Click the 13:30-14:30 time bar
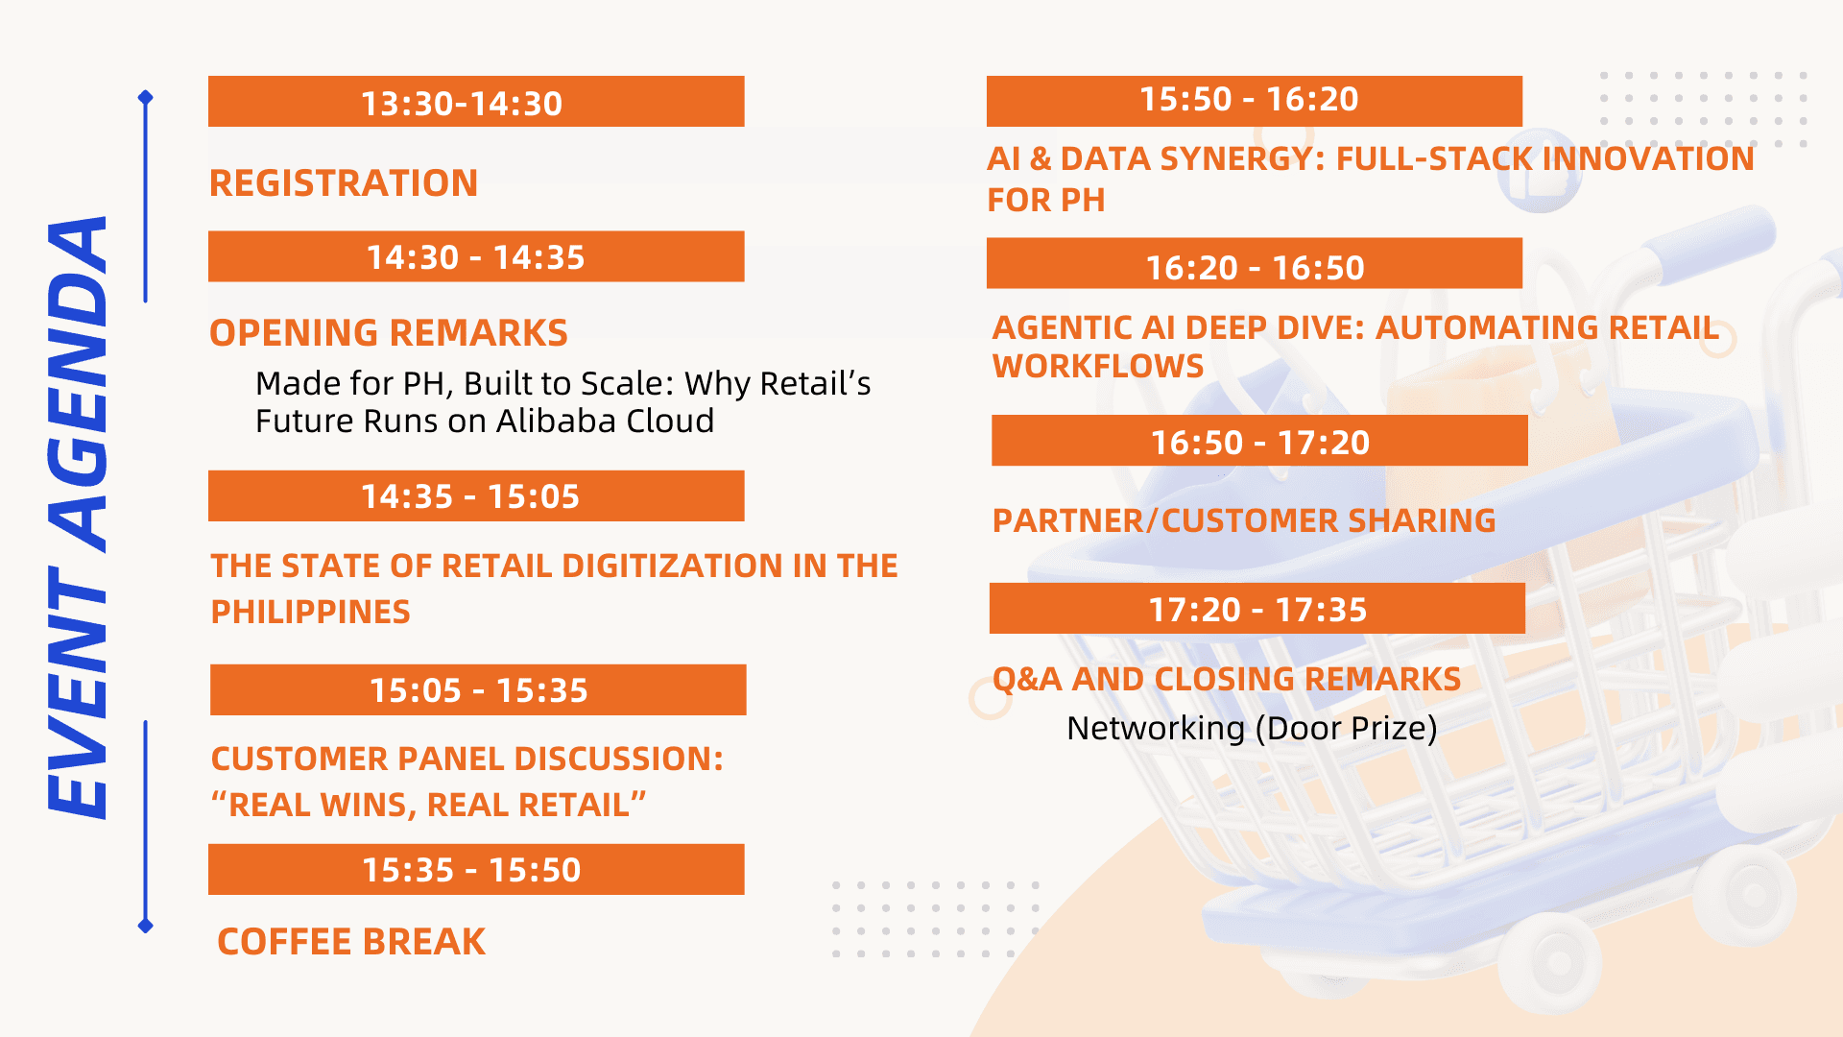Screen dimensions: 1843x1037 coord(476,101)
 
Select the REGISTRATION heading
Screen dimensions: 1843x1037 coord(344,183)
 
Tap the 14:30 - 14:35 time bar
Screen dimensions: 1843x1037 coord(476,256)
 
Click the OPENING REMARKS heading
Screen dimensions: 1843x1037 coord(389,333)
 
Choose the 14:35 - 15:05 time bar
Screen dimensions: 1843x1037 coord(476,495)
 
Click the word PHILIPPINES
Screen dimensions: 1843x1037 coord(310,612)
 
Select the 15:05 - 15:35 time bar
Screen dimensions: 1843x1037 coord(478,689)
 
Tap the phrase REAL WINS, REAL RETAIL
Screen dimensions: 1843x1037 coord(429,805)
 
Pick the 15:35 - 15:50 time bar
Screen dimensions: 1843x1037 coord(476,869)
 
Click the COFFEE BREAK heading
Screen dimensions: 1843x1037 coord(351,942)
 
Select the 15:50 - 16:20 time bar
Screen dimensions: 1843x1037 coord(1255,101)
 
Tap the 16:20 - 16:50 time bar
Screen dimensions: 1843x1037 coord(1255,263)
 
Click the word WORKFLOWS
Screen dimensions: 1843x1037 coord(1098,366)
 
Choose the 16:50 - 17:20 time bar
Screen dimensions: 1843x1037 coord(1259,441)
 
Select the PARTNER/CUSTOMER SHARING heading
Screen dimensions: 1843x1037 coord(1244,520)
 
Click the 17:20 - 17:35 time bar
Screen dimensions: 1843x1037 coord(1257,608)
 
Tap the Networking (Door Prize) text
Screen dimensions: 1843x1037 coord(1252,728)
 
